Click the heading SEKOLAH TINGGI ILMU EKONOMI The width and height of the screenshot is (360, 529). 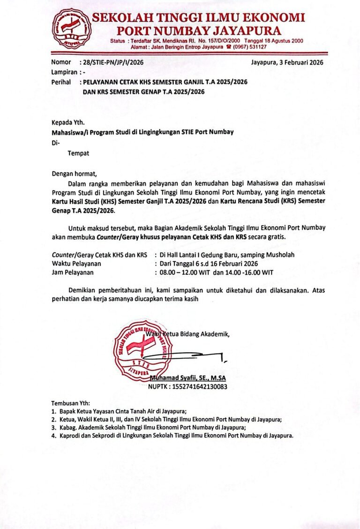(198, 18)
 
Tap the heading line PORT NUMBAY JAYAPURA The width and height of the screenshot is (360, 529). (199, 31)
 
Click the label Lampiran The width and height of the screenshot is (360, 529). (64, 72)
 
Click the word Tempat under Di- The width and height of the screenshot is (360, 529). (78, 153)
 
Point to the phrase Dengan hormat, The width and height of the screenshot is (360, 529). (74, 173)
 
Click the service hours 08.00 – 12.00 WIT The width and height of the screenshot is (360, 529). (187, 272)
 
